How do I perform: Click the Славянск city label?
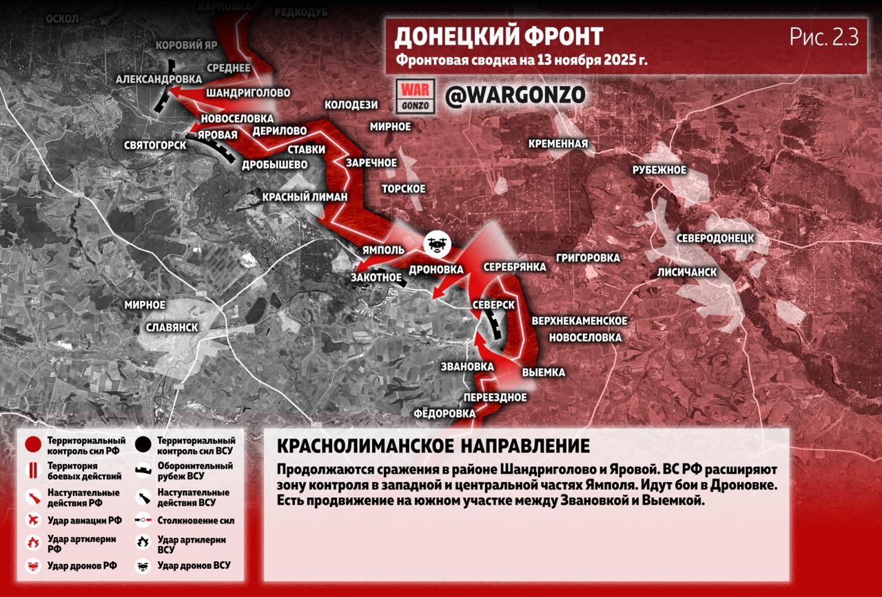click(172, 327)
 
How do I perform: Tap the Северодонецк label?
click(715, 238)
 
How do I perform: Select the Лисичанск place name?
click(686, 272)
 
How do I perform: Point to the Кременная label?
click(558, 144)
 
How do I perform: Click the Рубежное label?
click(659, 170)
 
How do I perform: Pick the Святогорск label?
click(155, 145)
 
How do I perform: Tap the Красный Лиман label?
click(305, 197)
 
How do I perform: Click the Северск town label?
click(494, 304)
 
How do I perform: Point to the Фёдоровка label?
click(444, 413)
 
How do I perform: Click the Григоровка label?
click(587, 258)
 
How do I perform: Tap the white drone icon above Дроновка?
click(436, 243)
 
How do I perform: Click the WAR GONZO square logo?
click(416, 96)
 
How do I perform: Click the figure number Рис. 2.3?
click(824, 37)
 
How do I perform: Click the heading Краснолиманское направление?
click(433, 446)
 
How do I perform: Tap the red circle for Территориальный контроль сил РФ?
click(32, 445)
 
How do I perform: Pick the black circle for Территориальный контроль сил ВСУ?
click(143, 445)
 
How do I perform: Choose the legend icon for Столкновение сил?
click(143, 521)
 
